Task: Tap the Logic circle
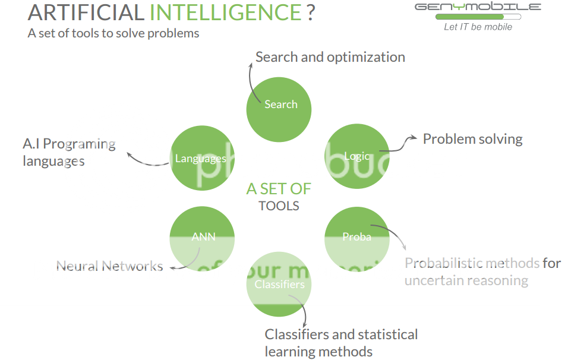pos(356,156)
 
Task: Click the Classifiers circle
pos(279,285)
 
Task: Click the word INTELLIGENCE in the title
pos(226,12)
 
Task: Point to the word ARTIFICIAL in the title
pos(86,12)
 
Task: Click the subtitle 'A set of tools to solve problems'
pos(113,33)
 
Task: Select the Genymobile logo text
pos(478,7)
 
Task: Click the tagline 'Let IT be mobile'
pos(478,27)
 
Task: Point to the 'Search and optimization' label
pos(330,57)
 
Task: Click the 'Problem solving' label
pos(472,139)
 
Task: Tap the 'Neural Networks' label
pos(109,266)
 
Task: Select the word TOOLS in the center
pos(279,206)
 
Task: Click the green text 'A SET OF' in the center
pos(279,189)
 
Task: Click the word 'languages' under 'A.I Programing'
pos(53,161)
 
